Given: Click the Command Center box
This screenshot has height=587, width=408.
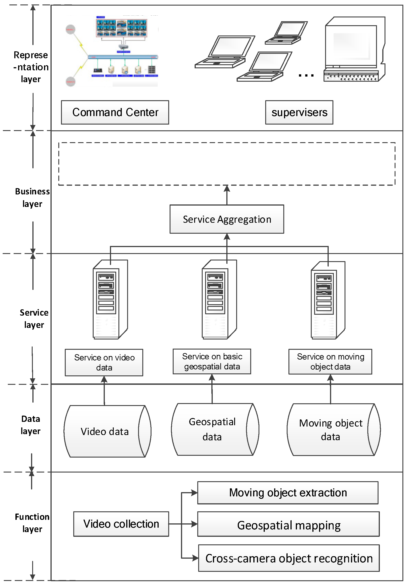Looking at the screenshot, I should pyautogui.click(x=115, y=112).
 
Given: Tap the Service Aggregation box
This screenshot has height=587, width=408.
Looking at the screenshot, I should pyautogui.click(x=227, y=219).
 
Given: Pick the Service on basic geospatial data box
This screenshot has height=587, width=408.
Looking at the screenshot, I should pyautogui.click(x=212, y=361).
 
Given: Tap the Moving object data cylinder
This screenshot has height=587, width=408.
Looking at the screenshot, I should pyautogui.click(x=330, y=429).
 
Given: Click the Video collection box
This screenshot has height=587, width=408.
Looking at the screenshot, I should pyautogui.click(x=121, y=524).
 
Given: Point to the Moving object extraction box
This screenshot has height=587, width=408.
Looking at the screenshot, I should pyautogui.click(x=288, y=493).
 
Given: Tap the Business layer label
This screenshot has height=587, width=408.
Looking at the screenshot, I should pyautogui.click(x=32, y=197).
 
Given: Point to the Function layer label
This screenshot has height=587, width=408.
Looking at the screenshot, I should pyautogui.click(x=32, y=522).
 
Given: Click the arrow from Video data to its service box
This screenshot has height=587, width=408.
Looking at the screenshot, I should pyautogui.click(x=104, y=391).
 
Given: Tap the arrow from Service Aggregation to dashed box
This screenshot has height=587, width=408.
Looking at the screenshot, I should pyautogui.click(x=227, y=195).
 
